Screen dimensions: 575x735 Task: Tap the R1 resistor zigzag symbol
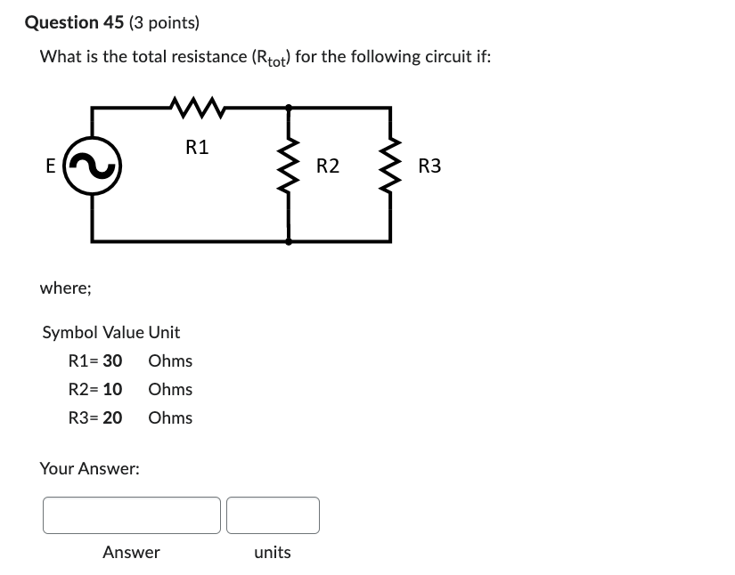tap(199, 109)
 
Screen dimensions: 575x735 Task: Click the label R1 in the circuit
tap(197, 148)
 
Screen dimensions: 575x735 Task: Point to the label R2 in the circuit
tap(328, 166)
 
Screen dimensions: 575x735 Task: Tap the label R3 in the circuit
tap(429, 166)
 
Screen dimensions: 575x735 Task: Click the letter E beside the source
tap(50, 166)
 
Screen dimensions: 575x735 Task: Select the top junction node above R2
tap(289, 108)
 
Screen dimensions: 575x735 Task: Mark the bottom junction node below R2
tap(289, 240)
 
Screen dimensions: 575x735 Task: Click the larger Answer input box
tap(132, 515)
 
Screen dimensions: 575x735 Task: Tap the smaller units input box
tap(273, 515)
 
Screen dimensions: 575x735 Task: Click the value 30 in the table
tap(112, 360)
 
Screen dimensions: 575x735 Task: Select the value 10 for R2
tap(112, 389)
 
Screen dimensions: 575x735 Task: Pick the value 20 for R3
tap(112, 417)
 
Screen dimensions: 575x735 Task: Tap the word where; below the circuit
tap(65, 288)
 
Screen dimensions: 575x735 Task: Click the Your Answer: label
tap(89, 468)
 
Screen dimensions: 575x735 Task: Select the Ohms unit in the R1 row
tap(170, 360)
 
